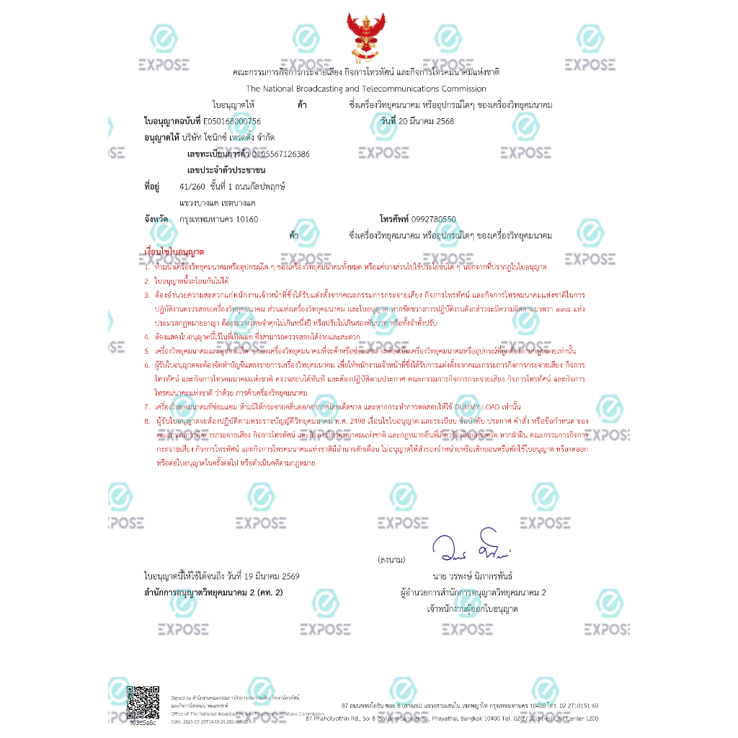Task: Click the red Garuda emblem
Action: [366, 37]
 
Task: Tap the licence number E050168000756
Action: [232, 121]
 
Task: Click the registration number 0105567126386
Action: [280, 154]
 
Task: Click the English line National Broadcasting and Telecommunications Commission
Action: [366, 89]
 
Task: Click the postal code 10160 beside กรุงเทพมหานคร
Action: [247, 219]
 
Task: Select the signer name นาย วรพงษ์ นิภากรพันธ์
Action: [473, 577]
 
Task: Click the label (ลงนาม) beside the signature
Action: [391, 559]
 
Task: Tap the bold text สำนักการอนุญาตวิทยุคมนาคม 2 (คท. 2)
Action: [213, 592]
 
